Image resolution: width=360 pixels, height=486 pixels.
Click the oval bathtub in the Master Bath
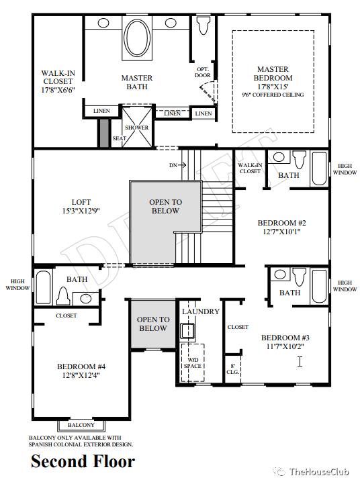(137, 38)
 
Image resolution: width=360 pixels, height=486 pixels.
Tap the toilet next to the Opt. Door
(204, 25)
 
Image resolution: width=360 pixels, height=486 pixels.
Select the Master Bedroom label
(273, 73)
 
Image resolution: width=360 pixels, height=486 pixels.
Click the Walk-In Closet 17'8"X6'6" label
(58, 81)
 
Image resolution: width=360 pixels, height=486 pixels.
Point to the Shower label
(137, 128)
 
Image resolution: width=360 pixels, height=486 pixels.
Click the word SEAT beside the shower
(119, 138)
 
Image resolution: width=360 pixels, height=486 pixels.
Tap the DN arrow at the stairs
(177, 165)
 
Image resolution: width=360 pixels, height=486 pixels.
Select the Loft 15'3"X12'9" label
(81, 207)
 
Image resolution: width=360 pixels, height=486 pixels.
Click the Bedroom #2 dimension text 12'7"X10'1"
(281, 232)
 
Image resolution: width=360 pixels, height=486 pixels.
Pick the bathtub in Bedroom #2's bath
(319, 168)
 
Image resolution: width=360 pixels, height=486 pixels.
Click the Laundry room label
(201, 311)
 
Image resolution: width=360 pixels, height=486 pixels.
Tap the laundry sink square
(187, 331)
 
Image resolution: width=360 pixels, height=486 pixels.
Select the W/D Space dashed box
(193, 362)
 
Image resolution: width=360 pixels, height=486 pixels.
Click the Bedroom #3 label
(285, 338)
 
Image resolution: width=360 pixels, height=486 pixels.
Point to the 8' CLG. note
(232, 369)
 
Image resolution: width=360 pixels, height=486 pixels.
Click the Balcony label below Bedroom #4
(81, 425)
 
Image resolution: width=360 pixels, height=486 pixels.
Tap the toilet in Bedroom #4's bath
(63, 296)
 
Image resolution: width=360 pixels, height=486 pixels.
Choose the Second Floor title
(83, 461)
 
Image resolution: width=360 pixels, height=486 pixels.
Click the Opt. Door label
(203, 72)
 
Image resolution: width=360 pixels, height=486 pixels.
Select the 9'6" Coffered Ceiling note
(273, 95)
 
